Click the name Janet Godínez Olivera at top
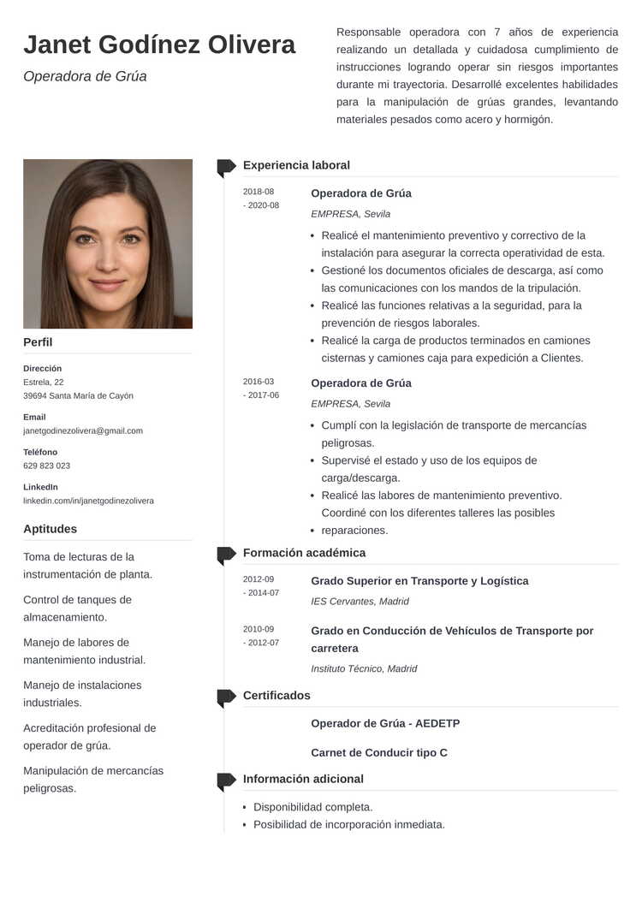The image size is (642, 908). (x=159, y=45)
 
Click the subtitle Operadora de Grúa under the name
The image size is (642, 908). (x=85, y=76)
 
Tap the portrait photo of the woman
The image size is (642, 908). (x=108, y=244)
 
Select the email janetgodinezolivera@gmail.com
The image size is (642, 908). (x=83, y=430)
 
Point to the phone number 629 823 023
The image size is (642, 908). (x=47, y=466)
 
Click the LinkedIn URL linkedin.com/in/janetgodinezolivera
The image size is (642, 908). (x=88, y=501)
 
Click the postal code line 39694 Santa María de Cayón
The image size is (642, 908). (x=78, y=395)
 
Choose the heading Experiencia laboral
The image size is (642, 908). (x=296, y=165)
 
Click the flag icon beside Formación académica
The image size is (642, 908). (x=226, y=555)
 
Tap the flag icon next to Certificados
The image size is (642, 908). (x=226, y=697)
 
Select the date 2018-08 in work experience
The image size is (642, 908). (x=259, y=192)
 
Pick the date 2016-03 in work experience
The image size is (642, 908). (x=259, y=382)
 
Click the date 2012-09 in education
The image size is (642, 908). (x=259, y=579)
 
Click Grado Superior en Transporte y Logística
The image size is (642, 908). (x=419, y=581)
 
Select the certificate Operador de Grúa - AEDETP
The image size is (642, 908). (x=385, y=723)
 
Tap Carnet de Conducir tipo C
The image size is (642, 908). (x=378, y=753)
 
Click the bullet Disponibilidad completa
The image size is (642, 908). (x=312, y=807)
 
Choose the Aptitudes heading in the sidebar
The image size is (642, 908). (x=50, y=529)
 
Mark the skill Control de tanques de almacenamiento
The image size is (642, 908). (x=77, y=608)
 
